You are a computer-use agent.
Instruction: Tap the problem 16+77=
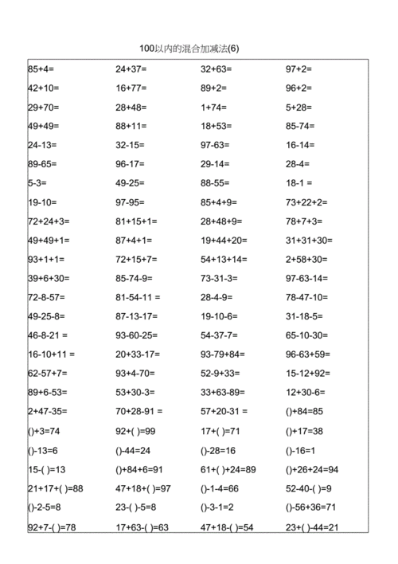point(131,88)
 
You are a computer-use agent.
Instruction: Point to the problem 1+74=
point(213,108)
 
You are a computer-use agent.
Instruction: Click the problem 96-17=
point(131,164)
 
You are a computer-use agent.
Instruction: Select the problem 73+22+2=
point(306,202)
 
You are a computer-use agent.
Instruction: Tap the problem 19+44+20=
point(224,241)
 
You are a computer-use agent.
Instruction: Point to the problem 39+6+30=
point(49,278)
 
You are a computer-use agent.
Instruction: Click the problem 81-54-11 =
point(138,297)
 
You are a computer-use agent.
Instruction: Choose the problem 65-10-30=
point(306,335)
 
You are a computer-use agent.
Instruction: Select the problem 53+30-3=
point(136,392)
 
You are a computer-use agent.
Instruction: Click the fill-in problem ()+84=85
point(304,412)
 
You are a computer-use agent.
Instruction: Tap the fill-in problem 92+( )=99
point(136,431)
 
